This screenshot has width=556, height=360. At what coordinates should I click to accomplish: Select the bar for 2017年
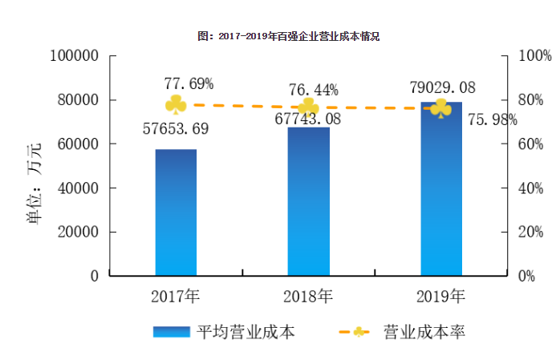(x=176, y=212)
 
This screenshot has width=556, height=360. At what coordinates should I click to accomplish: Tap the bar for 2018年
(x=308, y=201)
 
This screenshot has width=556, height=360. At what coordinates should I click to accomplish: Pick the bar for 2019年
(x=440, y=189)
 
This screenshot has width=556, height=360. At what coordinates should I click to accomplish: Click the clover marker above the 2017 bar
(x=176, y=104)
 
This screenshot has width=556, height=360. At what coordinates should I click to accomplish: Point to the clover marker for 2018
(x=308, y=107)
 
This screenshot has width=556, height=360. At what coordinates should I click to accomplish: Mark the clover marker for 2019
(x=440, y=108)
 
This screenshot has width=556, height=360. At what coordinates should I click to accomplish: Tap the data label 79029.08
(x=442, y=87)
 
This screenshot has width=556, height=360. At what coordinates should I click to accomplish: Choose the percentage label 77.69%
(x=189, y=83)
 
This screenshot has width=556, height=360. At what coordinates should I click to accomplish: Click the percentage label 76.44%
(x=313, y=89)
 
